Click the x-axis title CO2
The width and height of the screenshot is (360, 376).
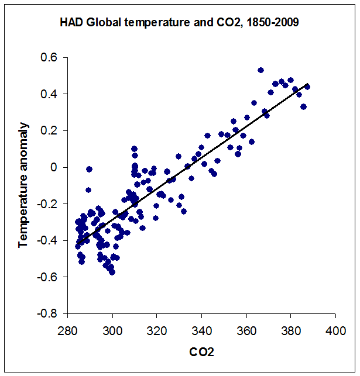tap(201, 353)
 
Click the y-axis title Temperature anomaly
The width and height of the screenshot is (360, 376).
tap(23, 185)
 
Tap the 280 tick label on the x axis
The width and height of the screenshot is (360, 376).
tap(68, 329)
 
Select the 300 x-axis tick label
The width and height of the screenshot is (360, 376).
tap(112, 329)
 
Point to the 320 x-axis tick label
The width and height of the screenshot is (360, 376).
tap(157, 329)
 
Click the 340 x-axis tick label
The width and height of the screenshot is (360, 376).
tap(201, 329)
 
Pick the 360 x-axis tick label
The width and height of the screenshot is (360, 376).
tap(246, 329)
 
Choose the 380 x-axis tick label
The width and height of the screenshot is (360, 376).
tap(291, 329)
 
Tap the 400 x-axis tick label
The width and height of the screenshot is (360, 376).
tap(335, 329)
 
